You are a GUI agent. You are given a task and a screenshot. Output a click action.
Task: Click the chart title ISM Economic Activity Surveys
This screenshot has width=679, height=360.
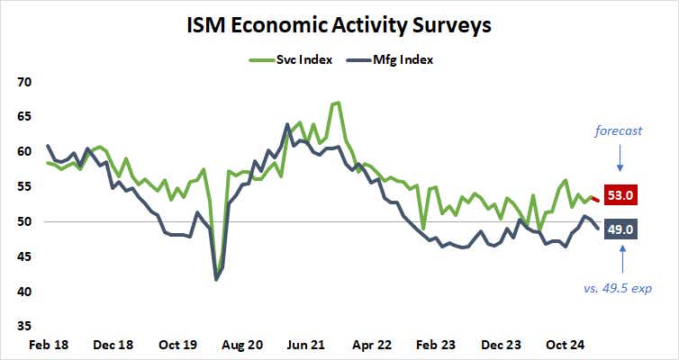[339, 24]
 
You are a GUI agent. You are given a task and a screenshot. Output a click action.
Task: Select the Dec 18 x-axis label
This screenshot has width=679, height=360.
[115, 345]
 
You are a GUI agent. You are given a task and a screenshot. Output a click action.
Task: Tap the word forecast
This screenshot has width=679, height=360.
[619, 131]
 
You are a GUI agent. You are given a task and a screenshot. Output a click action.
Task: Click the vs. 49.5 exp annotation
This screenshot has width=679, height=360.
[617, 289]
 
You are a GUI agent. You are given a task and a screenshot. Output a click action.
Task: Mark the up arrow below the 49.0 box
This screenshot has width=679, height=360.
[620, 261]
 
